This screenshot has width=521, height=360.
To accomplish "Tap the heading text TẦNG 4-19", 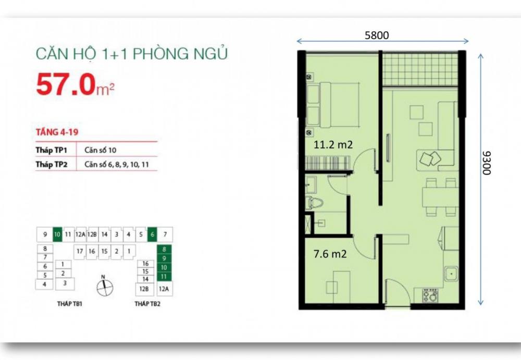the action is click(x=57, y=132).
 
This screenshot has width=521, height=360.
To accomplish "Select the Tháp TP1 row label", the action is click(x=52, y=150).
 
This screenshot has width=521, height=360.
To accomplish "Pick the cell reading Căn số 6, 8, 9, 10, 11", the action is click(x=117, y=165).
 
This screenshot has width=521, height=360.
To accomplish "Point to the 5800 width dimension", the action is click(x=377, y=35).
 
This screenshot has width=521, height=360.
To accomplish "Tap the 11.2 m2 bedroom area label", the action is click(x=333, y=145).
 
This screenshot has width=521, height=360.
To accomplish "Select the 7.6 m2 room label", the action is click(x=330, y=254).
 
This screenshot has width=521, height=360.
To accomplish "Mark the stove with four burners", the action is click(x=430, y=295).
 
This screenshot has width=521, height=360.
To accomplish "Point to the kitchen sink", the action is click(x=452, y=274).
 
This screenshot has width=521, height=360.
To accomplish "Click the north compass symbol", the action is click(x=105, y=287).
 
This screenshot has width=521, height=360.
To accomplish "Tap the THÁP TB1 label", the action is click(x=70, y=304).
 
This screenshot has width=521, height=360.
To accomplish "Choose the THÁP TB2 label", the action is click(x=147, y=304).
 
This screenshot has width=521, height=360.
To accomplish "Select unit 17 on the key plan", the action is click(x=80, y=251).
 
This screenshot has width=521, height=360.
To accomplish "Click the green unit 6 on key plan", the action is click(x=152, y=234).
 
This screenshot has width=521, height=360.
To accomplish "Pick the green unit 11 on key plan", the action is click(x=164, y=277).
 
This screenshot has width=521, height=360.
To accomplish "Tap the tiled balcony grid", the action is click(x=420, y=69).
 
